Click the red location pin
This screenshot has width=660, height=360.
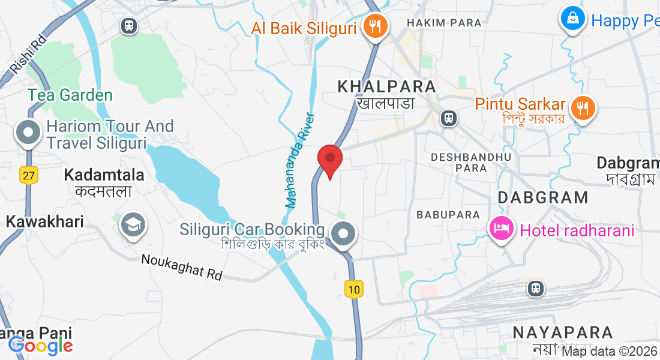click(329, 160)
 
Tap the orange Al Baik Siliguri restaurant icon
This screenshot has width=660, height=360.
click(376, 27)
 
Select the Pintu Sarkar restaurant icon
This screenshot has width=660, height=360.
click(582, 108)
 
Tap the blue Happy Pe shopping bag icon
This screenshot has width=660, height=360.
click(574, 19)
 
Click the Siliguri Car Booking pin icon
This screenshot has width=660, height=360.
click(344, 235)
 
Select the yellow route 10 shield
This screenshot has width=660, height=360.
click(354, 290)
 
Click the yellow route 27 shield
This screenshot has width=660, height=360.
click(28, 175)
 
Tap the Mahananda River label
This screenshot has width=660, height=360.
click(300, 160)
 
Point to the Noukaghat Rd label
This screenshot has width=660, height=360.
click(182, 267)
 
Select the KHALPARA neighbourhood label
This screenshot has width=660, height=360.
click(386, 86)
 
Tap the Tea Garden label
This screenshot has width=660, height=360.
click(70, 95)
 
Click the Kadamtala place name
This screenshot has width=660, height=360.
click(104, 175)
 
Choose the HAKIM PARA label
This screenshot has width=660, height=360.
click(444, 23)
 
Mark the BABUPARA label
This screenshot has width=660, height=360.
click(448, 214)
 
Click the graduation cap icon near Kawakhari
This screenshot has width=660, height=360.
click(131, 225)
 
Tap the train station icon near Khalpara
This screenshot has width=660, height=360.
click(448, 118)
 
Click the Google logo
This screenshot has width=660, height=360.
click(40, 346)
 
